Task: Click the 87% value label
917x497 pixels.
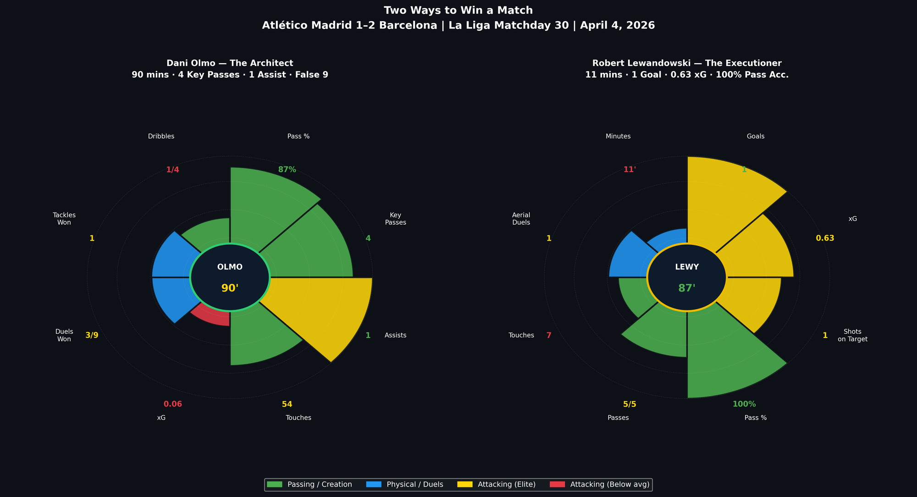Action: [x=287, y=170]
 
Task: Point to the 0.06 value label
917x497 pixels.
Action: [x=173, y=404]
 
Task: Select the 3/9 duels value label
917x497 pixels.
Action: [x=92, y=335]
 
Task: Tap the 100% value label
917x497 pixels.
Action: [x=744, y=404]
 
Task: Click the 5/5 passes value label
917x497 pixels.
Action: [x=630, y=404]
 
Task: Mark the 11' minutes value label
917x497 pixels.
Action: [x=630, y=170]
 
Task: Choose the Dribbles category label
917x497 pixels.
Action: [x=161, y=136]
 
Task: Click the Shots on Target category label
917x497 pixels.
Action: [x=852, y=335]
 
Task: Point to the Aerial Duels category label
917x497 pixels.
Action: [x=521, y=219]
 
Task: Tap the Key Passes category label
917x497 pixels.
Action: [x=395, y=219]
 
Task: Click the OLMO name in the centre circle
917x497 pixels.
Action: [x=230, y=267]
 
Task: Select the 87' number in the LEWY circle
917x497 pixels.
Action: [x=687, y=288]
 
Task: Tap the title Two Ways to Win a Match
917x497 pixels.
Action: [x=458, y=11]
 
